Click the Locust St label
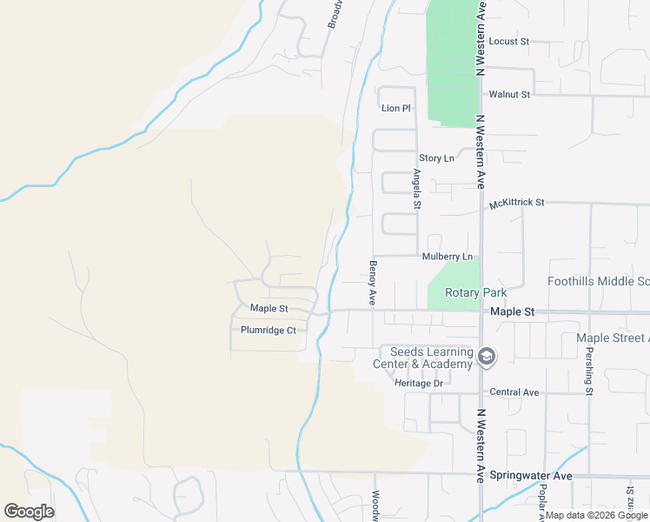(x=508, y=41)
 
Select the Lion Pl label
(x=395, y=108)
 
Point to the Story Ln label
(x=436, y=158)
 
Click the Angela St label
(x=417, y=190)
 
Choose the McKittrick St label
(x=516, y=202)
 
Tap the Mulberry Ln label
(x=448, y=257)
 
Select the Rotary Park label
(x=474, y=293)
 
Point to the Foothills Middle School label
(x=598, y=281)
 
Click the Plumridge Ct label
(x=269, y=331)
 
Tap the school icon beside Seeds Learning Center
(x=487, y=356)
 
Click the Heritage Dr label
(x=419, y=383)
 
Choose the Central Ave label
(x=515, y=392)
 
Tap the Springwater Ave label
(x=531, y=475)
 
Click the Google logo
(x=29, y=512)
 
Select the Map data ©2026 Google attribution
(x=596, y=515)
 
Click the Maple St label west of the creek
(x=269, y=308)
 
